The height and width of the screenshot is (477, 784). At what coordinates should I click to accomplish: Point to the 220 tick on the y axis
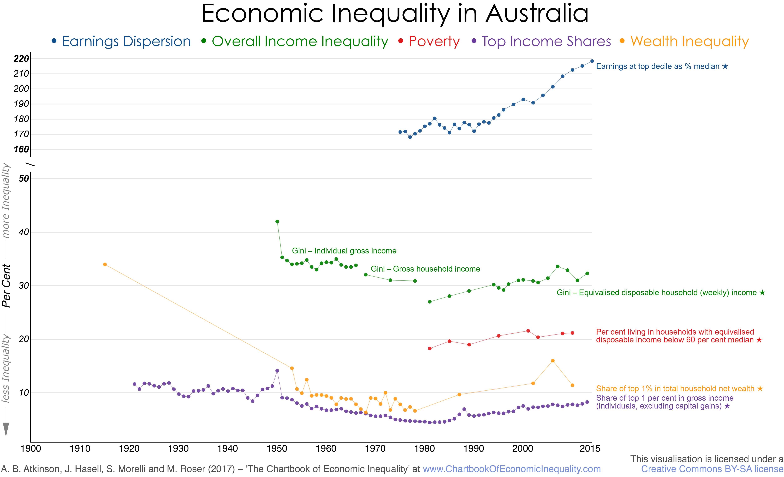(x=21, y=59)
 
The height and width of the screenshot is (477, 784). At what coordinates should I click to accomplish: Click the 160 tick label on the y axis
(x=21, y=149)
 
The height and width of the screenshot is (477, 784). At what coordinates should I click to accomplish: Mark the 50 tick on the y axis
(x=24, y=179)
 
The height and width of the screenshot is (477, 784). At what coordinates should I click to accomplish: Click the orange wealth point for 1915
(x=105, y=264)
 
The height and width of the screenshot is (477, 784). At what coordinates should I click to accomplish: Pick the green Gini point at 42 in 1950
(x=277, y=221)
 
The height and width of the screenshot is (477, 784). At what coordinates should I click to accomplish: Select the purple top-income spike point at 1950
(x=277, y=371)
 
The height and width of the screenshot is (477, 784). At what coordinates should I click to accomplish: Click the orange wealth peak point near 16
(x=553, y=361)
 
